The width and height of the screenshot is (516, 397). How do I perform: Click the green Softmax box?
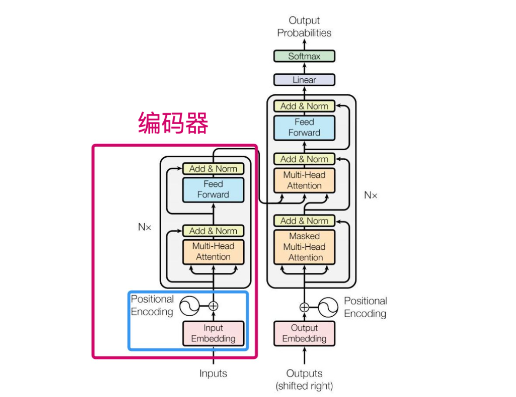304,56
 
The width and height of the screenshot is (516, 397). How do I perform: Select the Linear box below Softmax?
304,80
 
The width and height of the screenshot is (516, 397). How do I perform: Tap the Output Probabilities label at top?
304,26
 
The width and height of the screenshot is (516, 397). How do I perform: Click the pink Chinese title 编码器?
173,123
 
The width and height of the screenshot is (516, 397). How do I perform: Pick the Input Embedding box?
213,334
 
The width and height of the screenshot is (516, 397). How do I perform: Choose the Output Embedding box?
304,334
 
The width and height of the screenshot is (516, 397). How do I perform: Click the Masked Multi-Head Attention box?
304,247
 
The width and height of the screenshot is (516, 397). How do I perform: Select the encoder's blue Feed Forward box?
213,189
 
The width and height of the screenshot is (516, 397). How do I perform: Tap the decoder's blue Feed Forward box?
304,128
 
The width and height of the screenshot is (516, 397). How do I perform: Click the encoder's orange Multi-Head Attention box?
213,251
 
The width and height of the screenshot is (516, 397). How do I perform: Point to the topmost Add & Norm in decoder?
304,106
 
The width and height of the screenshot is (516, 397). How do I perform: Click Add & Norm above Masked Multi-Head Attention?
304,221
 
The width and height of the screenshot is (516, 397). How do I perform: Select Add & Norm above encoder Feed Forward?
213,169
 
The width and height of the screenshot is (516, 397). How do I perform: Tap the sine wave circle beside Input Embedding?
189,306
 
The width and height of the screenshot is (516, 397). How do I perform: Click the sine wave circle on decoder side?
328,307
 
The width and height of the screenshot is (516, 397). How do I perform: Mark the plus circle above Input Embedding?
213,306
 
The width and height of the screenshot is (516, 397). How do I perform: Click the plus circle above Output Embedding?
304,307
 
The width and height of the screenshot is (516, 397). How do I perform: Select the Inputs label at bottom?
213,374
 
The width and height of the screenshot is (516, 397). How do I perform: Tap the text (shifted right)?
304,385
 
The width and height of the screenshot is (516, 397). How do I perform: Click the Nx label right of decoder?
370,195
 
